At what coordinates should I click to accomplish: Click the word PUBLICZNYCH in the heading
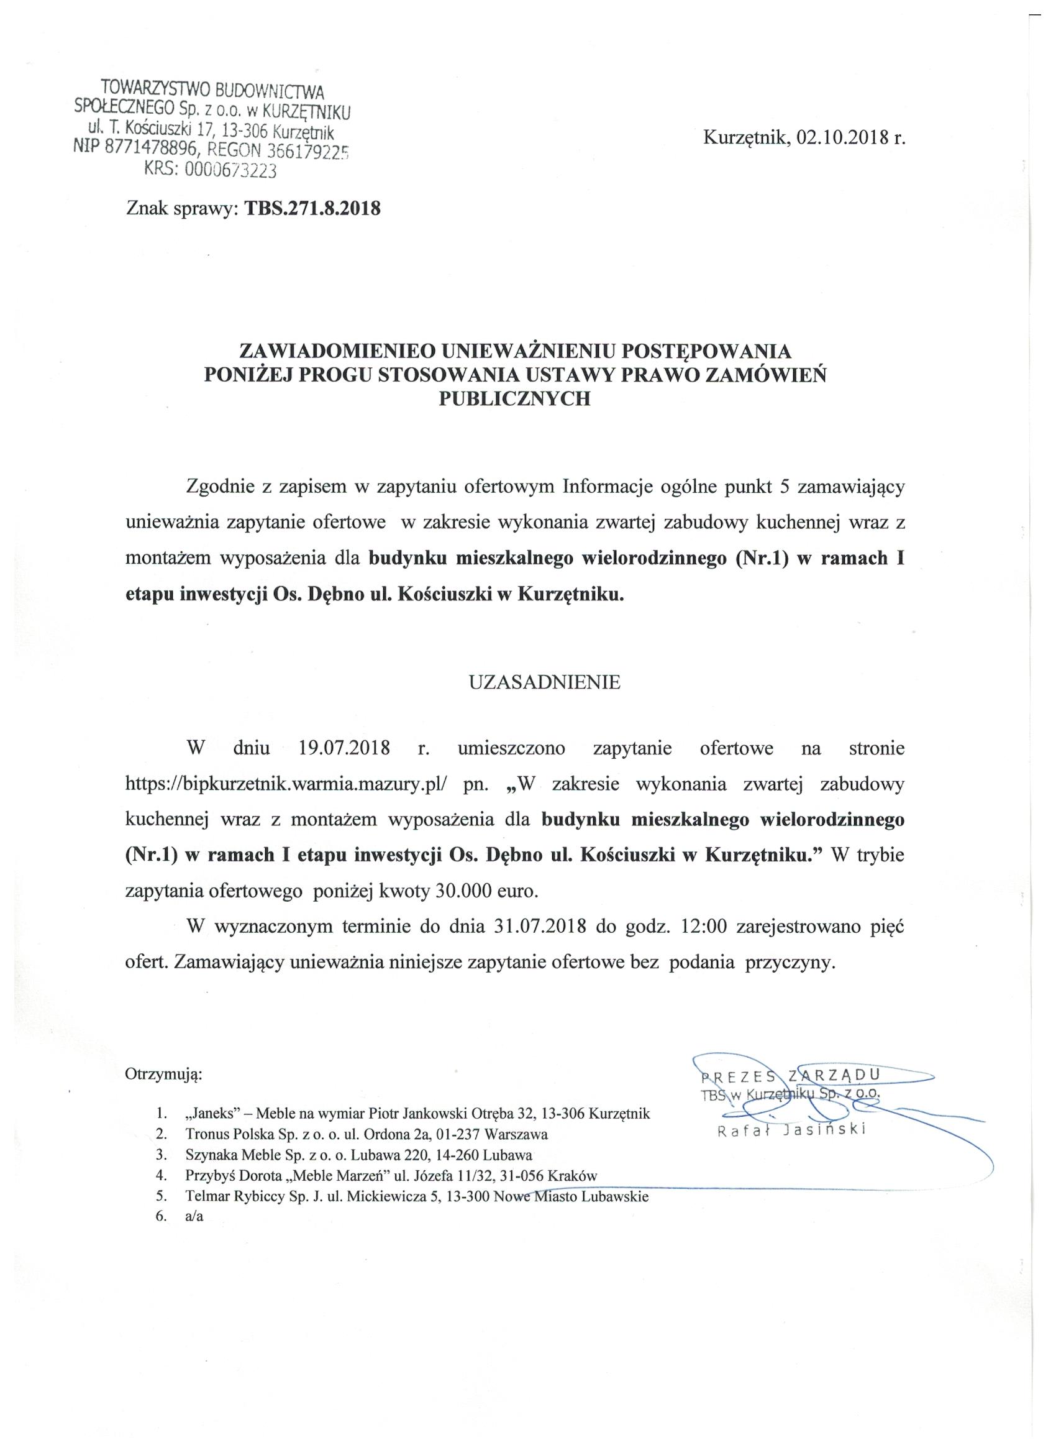(514, 398)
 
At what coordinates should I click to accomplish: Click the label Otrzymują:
(164, 1075)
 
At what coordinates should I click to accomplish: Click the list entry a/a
(193, 1217)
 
